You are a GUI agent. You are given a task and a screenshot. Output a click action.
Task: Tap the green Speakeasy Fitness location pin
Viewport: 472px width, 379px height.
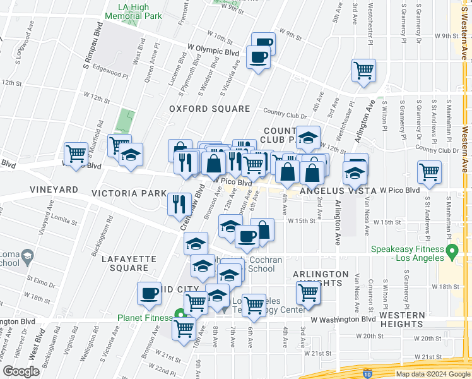click(x=452, y=253)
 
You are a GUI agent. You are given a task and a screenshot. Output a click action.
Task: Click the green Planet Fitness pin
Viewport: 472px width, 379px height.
click(x=180, y=314)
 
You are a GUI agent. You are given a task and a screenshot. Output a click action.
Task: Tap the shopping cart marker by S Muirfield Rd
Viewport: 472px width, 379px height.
click(x=76, y=153)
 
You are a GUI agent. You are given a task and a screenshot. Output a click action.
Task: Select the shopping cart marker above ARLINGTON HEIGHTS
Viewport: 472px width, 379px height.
click(x=308, y=291)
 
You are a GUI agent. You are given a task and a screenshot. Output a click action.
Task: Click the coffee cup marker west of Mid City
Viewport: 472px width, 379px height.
click(x=150, y=292)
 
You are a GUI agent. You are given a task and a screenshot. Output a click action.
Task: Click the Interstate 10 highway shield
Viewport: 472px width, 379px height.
click(x=367, y=374)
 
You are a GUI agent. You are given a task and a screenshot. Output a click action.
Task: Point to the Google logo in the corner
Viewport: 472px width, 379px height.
click(x=21, y=371)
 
